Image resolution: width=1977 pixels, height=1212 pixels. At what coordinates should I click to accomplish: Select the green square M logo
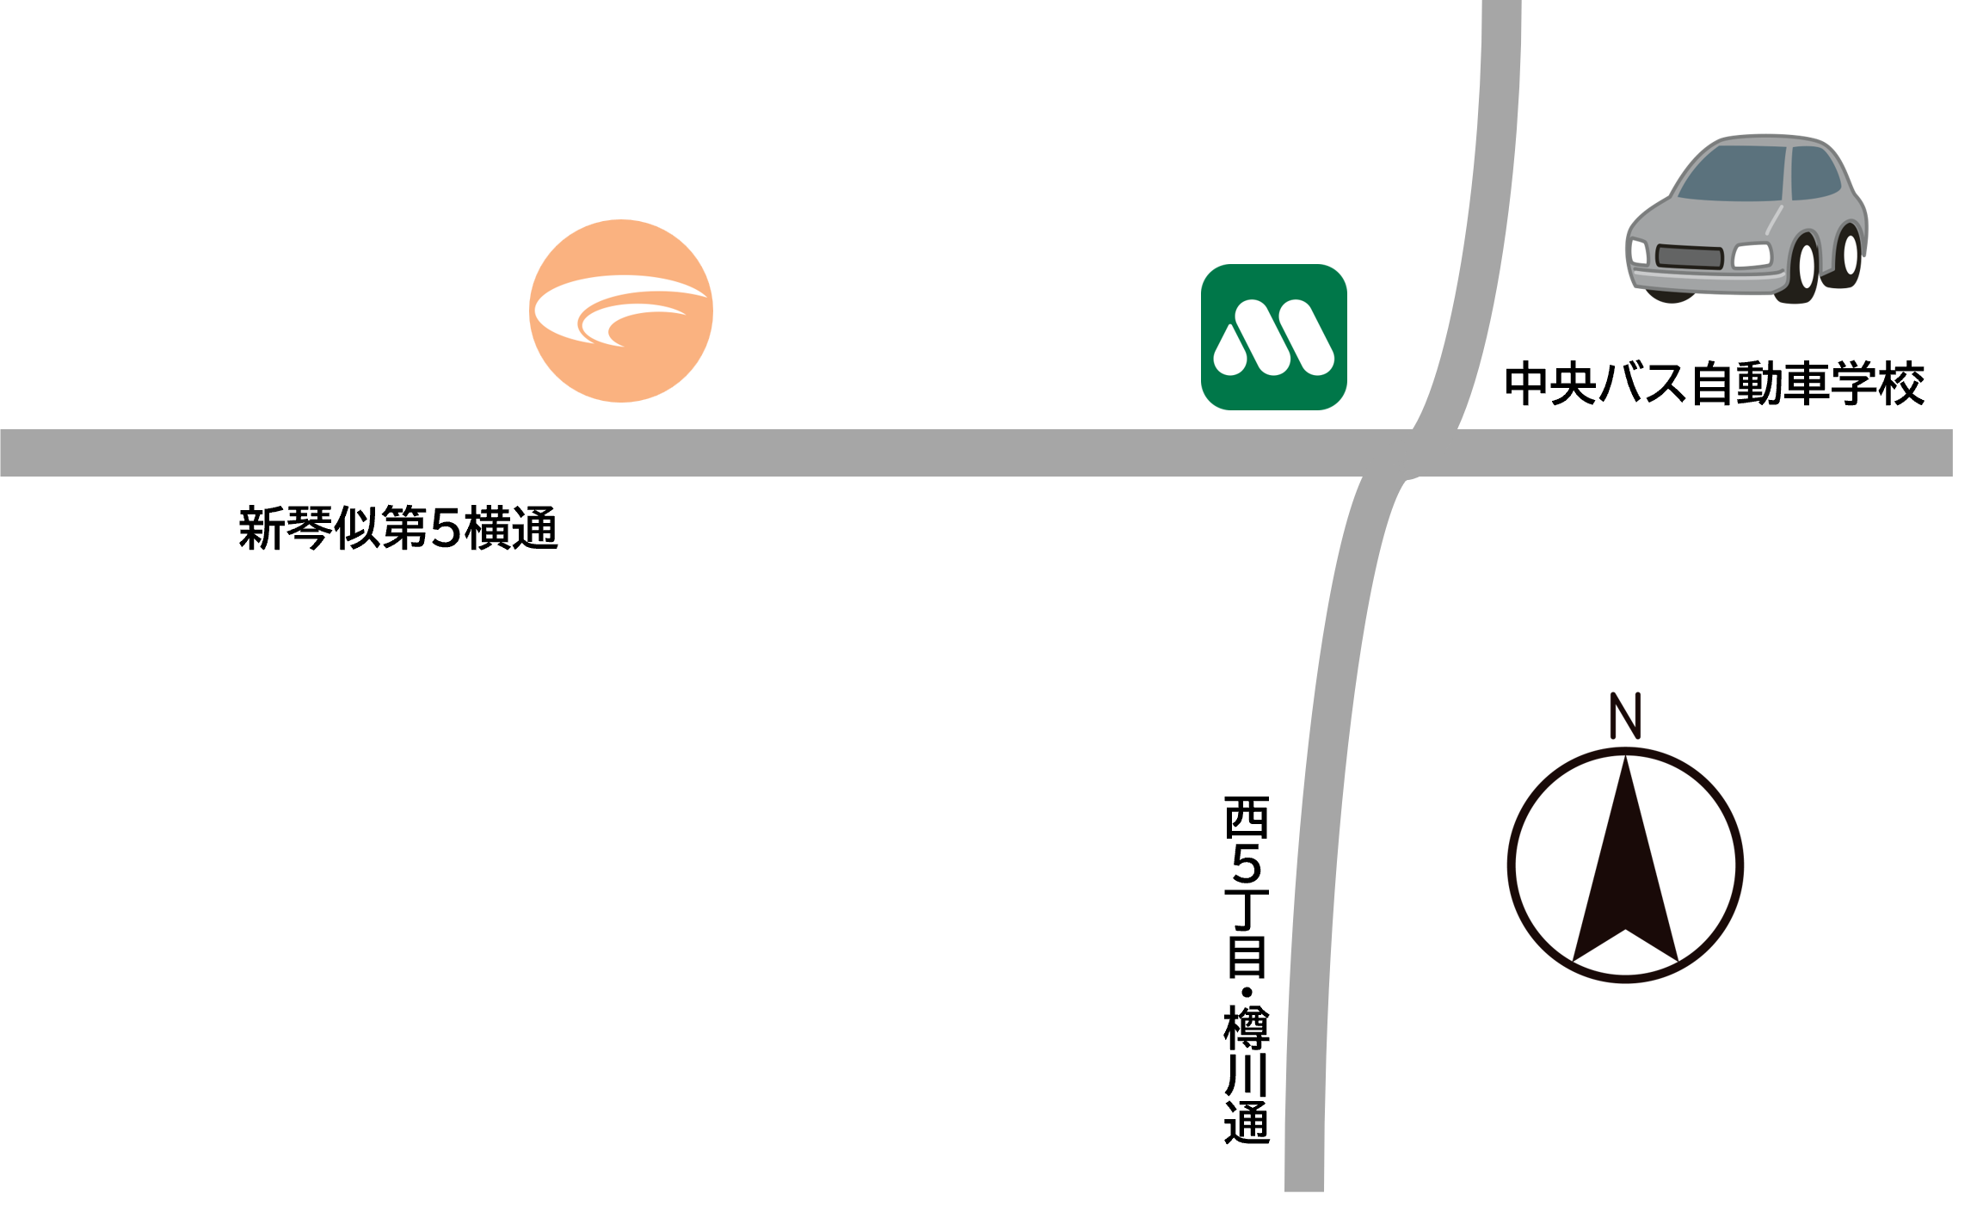click(x=1273, y=337)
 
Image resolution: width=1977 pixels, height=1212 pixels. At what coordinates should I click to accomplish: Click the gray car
click(x=1746, y=219)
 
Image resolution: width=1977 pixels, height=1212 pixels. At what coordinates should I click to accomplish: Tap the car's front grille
click(x=1689, y=256)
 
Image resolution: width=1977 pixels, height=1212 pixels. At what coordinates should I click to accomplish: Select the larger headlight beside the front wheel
click(x=1752, y=255)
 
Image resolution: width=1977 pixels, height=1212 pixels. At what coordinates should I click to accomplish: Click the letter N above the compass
click(x=1625, y=716)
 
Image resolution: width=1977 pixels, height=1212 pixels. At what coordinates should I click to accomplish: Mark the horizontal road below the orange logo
click(x=620, y=452)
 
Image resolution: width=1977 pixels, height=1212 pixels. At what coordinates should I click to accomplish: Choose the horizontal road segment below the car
click(x=1746, y=452)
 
